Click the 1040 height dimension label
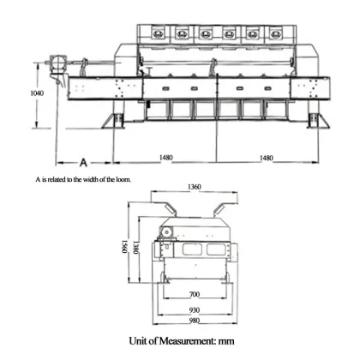(36, 92)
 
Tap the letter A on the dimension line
(83, 161)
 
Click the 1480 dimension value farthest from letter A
(267, 157)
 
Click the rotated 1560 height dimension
(123, 249)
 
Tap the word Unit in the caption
(139, 340)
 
